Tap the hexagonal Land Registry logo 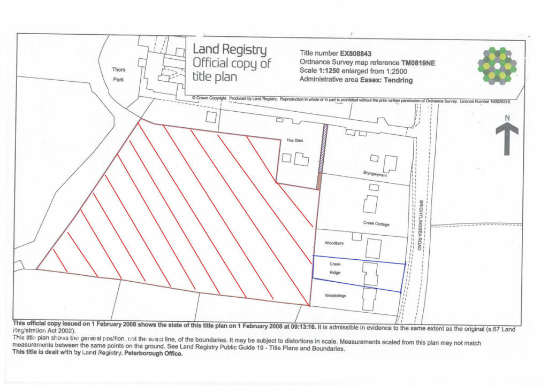point(497,66)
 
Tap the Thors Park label point(119,74)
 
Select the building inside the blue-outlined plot point(370,274)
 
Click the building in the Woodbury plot point(374,248)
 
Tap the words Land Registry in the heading point(230,50)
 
